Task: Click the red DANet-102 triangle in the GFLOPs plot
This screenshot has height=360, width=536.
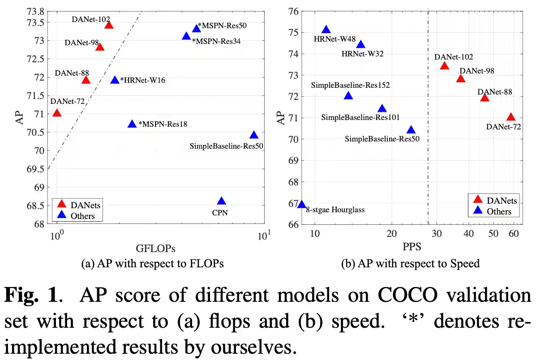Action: tap(109, 25)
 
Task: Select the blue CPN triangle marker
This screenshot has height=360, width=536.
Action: tap(221, 201)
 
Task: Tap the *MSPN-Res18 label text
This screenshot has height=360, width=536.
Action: tap(163, 124)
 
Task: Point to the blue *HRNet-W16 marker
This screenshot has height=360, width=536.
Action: tap(115, 80)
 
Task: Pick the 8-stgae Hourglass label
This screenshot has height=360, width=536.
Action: tap(335, 210)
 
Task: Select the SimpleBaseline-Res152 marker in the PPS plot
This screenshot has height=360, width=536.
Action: tap(348, 96)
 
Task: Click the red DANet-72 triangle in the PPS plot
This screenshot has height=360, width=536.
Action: tap(511, 117)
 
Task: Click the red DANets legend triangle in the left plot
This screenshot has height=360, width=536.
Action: tap(61, 204)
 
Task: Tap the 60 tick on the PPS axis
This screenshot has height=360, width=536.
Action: tap(513, 234)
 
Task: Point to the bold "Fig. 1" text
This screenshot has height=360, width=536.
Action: tap(32, 295)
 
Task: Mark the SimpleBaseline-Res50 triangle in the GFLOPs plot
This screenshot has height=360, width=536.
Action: tap(254, 135)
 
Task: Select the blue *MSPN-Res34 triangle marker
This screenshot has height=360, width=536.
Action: tap(187, 36)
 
